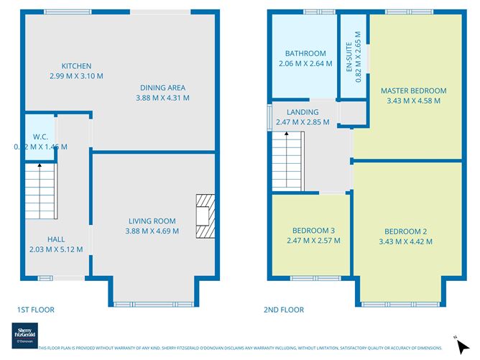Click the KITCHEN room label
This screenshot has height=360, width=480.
[x=76, y=65]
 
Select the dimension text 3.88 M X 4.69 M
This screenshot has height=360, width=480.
[x=153, y=231]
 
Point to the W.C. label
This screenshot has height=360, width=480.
[x=40, y=137]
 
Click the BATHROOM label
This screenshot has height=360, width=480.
[x=305, y=53]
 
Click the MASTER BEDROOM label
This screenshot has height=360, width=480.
[x=413, y=91]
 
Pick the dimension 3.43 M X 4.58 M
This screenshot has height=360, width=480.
[x=413, y=101]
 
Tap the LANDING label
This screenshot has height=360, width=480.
[x=303, y=113]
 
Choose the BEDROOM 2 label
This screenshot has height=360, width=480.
[x=405, y=231]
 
